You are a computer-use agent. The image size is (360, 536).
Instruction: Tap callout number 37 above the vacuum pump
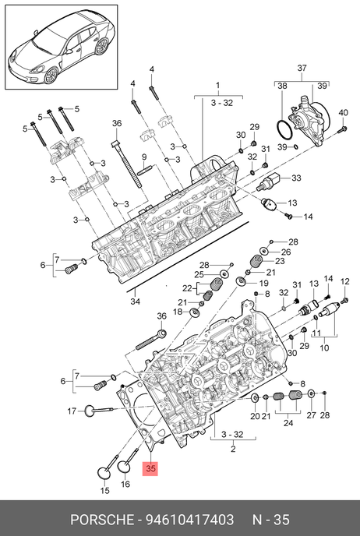click(x=302, y=68)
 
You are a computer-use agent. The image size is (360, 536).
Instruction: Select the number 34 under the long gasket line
click(x=136, y=301)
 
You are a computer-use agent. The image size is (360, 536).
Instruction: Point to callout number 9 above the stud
click(x=144, y=157)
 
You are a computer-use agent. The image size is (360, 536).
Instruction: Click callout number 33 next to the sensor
click(x=296, y=178)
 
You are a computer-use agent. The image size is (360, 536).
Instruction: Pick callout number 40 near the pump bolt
click(x=344, y=113)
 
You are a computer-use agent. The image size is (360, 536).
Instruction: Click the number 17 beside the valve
click(x=72, y=411)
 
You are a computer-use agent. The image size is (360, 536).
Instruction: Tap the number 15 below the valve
click(x=105, y=490)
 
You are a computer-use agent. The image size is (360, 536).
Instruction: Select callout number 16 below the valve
click(x=125, y=484)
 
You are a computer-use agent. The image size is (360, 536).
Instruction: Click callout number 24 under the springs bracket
click(x=288, y=423)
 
